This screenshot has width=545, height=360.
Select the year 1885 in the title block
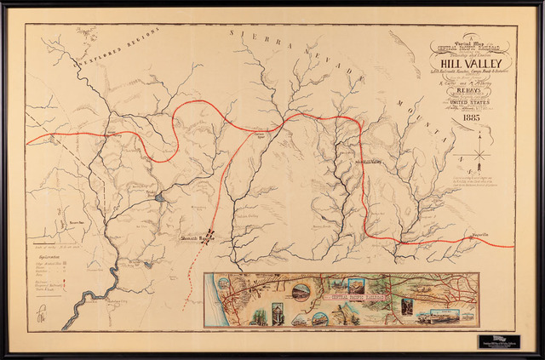pos(471,119)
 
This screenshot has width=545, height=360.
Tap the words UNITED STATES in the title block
pos(471,100)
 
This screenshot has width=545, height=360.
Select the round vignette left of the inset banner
pos(301,293)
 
